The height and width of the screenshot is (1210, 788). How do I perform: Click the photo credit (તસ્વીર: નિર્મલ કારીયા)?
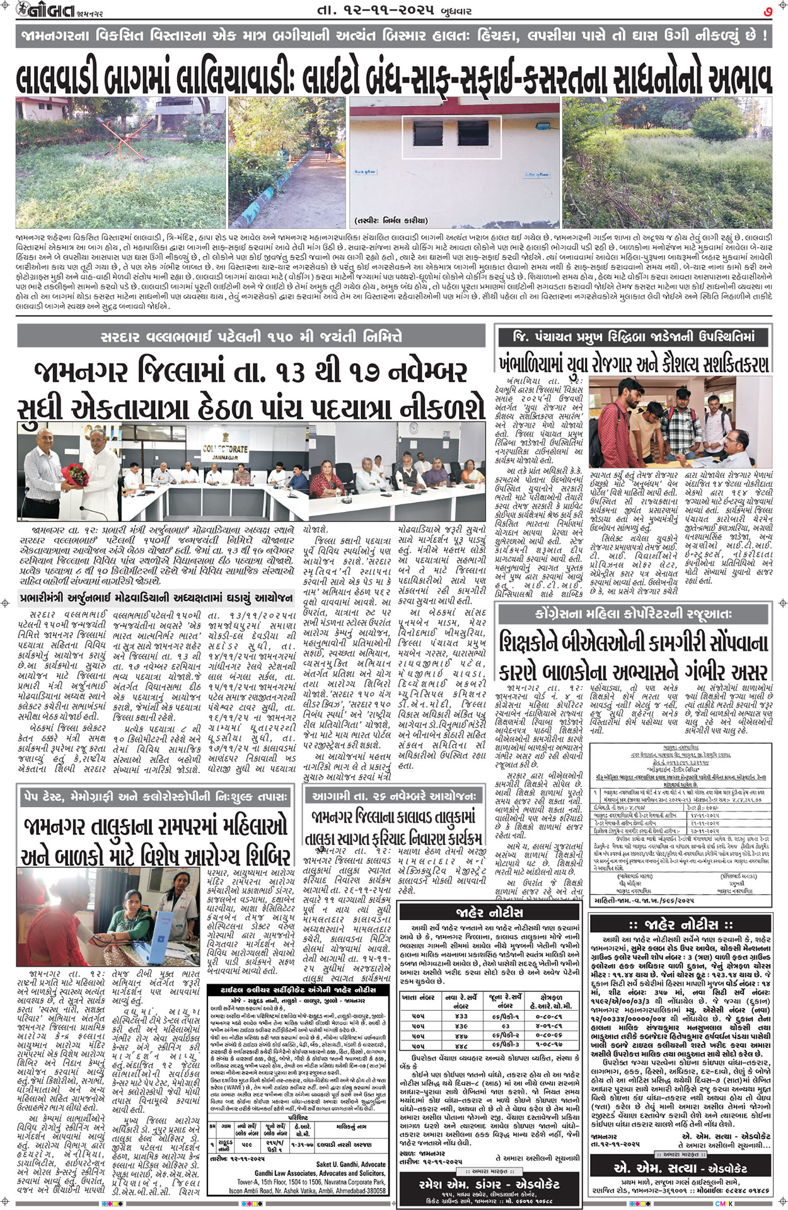pos(391,221)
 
